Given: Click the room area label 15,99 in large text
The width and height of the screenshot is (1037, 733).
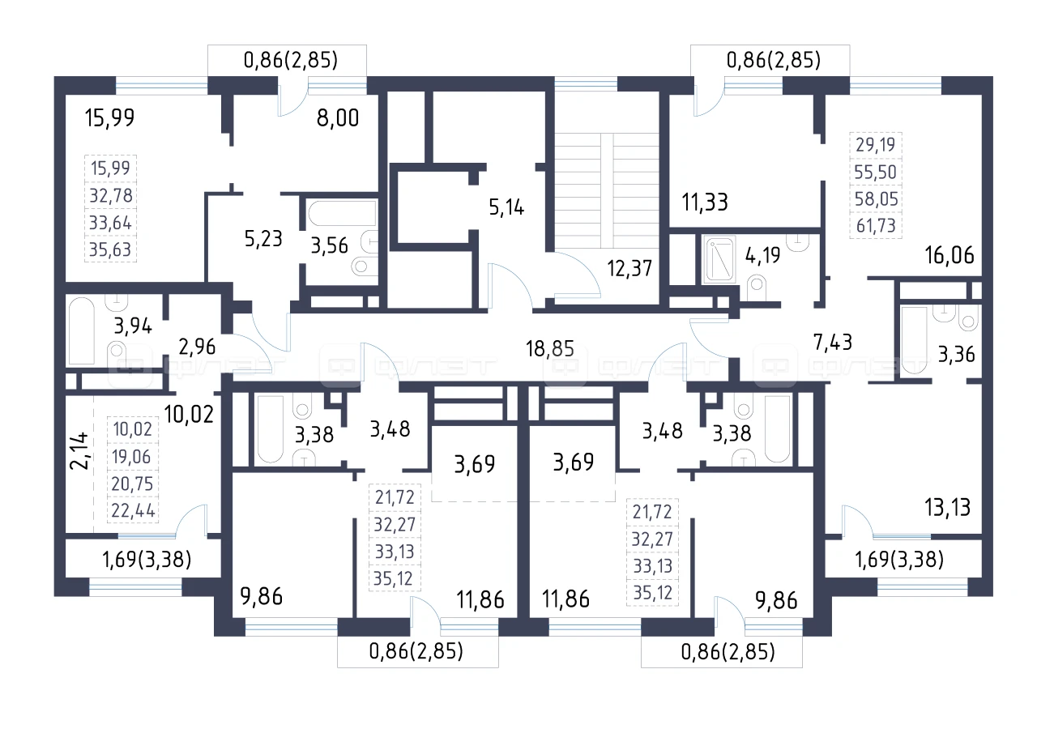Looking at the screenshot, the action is (x=109, y=118).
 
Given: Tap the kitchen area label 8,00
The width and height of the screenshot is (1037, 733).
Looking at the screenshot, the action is (x=338, y=118).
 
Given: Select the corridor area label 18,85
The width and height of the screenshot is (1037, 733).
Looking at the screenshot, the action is (x=549, y=348).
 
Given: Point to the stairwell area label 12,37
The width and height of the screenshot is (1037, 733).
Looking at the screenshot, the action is (x=629, y=268).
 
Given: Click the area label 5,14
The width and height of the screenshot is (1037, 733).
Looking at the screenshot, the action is (x=506, y=207).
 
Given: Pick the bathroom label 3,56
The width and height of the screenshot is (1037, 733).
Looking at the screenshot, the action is (x=329, y=245).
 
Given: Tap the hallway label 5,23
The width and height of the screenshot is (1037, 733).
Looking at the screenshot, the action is (x=263, y=239).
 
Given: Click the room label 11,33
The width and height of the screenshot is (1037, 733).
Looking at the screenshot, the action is (x=705, y=202).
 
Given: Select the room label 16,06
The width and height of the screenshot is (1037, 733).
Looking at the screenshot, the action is (x=950, y=255).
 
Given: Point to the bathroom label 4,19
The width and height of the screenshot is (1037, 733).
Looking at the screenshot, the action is (x=762, y=255).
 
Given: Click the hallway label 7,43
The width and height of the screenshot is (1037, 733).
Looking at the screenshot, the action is (x=833, y=342).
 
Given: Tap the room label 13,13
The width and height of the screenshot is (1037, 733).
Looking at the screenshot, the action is (x=948, y=507).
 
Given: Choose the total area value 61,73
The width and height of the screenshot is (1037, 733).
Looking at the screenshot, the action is (x=876, y=225).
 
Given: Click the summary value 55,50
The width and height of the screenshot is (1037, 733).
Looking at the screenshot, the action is (x=876, y=173).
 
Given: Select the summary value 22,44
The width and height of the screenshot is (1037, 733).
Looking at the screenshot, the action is (x=133, y=510).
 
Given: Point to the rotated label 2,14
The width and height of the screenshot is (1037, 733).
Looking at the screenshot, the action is (x=79, y=450).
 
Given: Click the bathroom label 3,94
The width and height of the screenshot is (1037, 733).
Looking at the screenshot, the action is (x=133, y=326).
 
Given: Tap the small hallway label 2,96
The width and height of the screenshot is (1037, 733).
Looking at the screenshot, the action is (x=197, y=347).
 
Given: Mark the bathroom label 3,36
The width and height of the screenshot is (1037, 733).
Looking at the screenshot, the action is (x=957, y=354).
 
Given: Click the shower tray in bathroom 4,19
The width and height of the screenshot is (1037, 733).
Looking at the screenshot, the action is (x=719, y=259).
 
